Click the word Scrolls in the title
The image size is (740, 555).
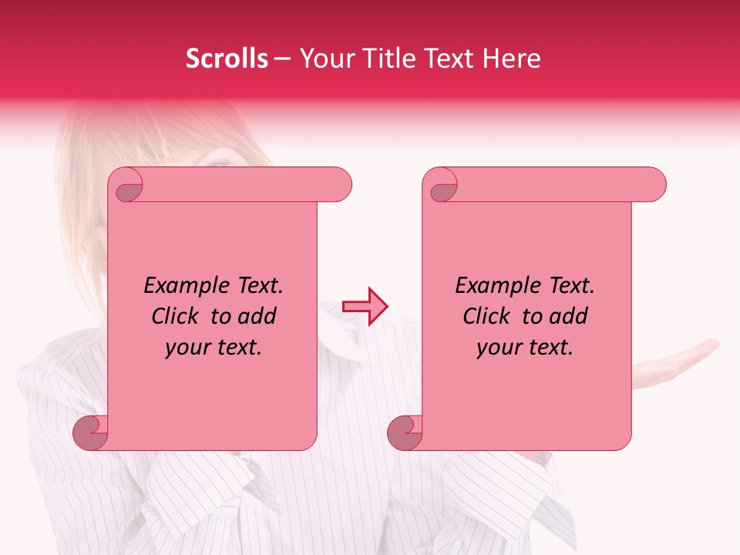pyautogui.click(x=227, y=59)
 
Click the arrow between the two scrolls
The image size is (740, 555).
pyautogui.click(x=365, y=307)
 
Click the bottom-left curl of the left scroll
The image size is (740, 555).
pyautogui.click(x=91, y=432)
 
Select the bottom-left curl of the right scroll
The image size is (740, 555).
pyautogui.click(x=405, y=432)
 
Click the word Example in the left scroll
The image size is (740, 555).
pyautogui.click(x=182, y=286)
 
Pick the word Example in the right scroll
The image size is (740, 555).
pyautogui.click(x=493, y=286)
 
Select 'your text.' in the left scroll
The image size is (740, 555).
pyautogui.click(x=213, y=348)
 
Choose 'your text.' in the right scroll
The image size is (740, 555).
pyautogui.click(x=524, y=348)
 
